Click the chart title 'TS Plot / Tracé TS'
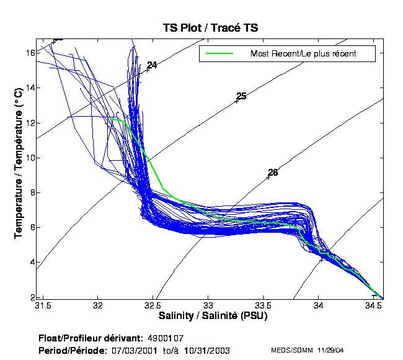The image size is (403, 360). coord(210,28)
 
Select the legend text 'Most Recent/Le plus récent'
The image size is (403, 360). coord(303,53)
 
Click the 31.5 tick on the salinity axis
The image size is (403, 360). coord(43,306)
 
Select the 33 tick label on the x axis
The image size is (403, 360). coord(208,306)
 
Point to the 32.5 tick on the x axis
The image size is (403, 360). coord(153,306)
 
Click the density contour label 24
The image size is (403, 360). coord(152,65)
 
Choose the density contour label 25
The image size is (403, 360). coord(241,96)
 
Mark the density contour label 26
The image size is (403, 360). coord(273,173)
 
